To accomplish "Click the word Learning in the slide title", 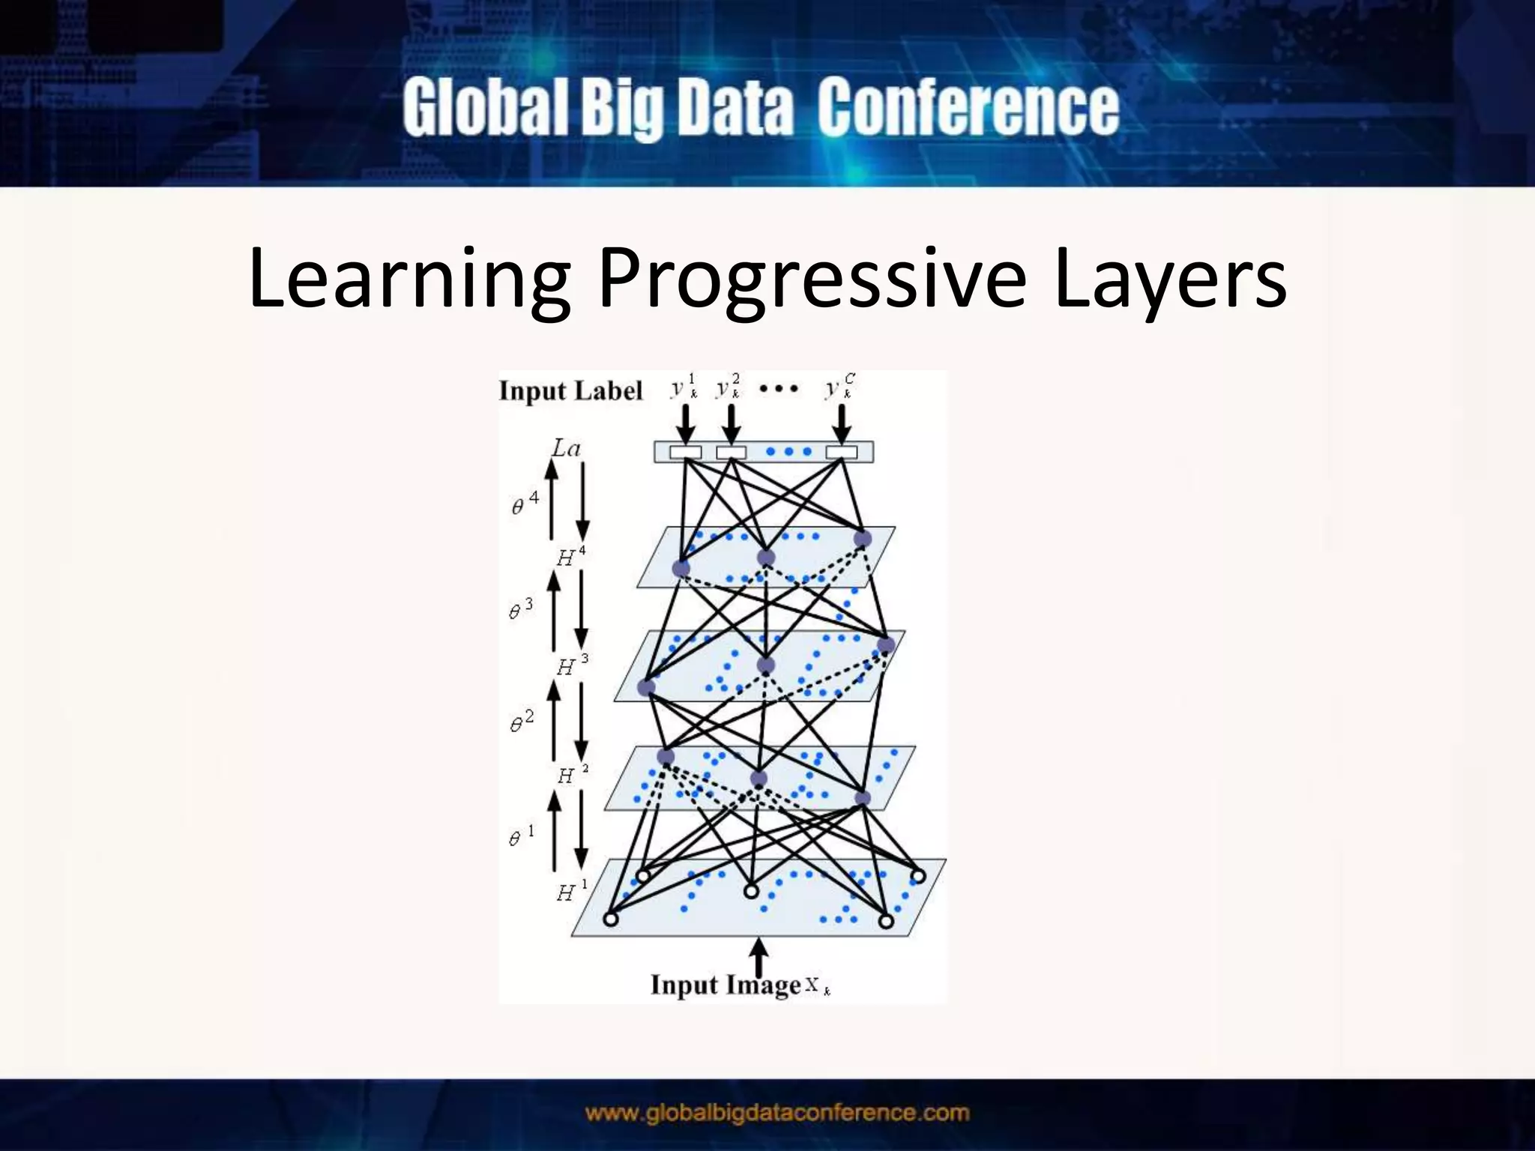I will pyautogui.click(x=408, y=279).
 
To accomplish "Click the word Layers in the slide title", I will pyautogui.click(x=1170, y=279).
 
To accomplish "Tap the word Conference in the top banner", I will pyautogui.click(x=968, y=109).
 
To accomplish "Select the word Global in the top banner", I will pyautogui.click(x=485, y=109).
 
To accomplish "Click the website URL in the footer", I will pyautogui.click(x=776, y=1113).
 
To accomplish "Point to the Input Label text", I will pyautogui.click(x=570, y=391).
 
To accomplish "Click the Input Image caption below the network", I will pyautogui.click(x=726, y=985).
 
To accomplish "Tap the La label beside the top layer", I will pyautogui.click(x=566, y=449).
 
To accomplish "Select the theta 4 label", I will pyautogui.click(x=525, y=504).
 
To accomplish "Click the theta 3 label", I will pyautogui.click(x=521, y=609).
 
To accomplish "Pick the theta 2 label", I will pyautogui.click(x=522, y=721).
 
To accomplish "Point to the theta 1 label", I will pyautogui.click(x=521, y=836).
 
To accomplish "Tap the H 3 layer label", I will pyautogui.click(x=572, y=665).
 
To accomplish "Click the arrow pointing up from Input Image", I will pyautogui.click(x=759, y=957).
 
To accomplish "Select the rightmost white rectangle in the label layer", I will pyautogui.click(x=841, y=452).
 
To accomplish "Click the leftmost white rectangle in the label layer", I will pyautogui.click(x=685, y=452).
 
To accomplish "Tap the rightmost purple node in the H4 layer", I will pyautogui.click(x=863, y=539).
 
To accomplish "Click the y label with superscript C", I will pyautogui.click(x=839, y=387).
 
